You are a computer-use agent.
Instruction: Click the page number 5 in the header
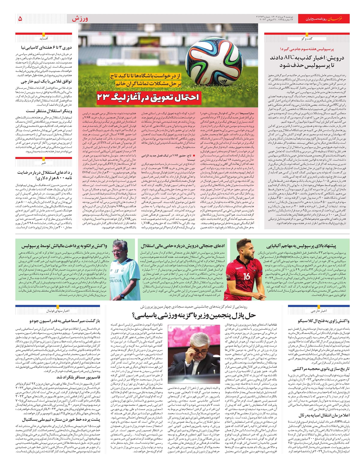(x=20, y=19)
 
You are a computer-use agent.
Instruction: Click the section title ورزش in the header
(x=80, y=19)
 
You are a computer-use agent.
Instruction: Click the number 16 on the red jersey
(x=247, y=276)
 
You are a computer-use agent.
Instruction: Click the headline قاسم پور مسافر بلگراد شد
(x=78, y=377)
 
